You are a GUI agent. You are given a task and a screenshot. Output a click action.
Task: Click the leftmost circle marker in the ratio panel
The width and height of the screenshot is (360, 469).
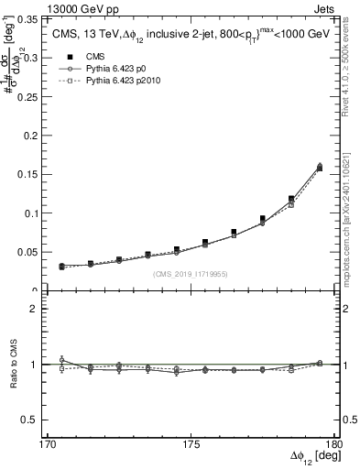point(61,360)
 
